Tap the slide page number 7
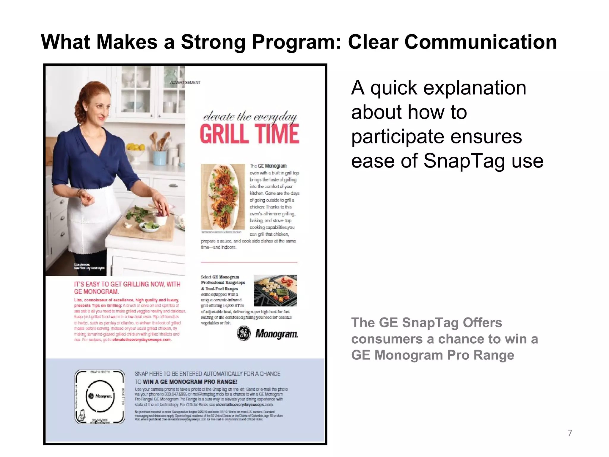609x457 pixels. (569, 433)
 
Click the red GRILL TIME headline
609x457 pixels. (249, 134)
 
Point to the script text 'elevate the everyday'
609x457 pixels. (250, 116)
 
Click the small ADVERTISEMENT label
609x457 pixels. (185, 82)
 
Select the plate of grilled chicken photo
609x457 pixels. (223, 196)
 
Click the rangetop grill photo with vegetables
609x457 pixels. (275, 290)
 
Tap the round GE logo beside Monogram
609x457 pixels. (244, 334)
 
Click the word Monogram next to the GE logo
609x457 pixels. (277, 334)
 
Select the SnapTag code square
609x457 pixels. (100, 397)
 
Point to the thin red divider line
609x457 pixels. (249, 262)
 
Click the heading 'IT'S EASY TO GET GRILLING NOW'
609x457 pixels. (127, 284)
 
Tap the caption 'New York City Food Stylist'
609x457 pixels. (89, 268)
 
